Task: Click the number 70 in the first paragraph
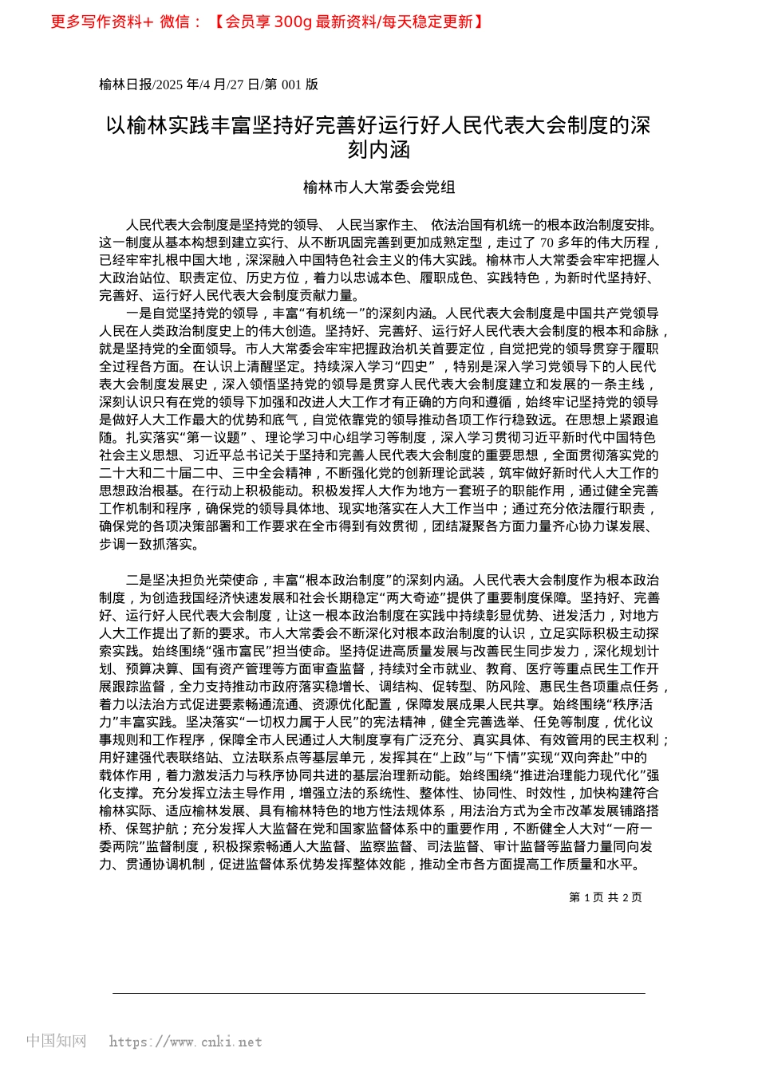point(547,243)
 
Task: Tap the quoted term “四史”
point(417,367)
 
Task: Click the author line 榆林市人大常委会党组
point(379,187)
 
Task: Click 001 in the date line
point(292,85)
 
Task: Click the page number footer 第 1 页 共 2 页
point(606,897)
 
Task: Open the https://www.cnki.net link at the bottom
point(185,1042)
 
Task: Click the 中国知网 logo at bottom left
point(56,1041)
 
